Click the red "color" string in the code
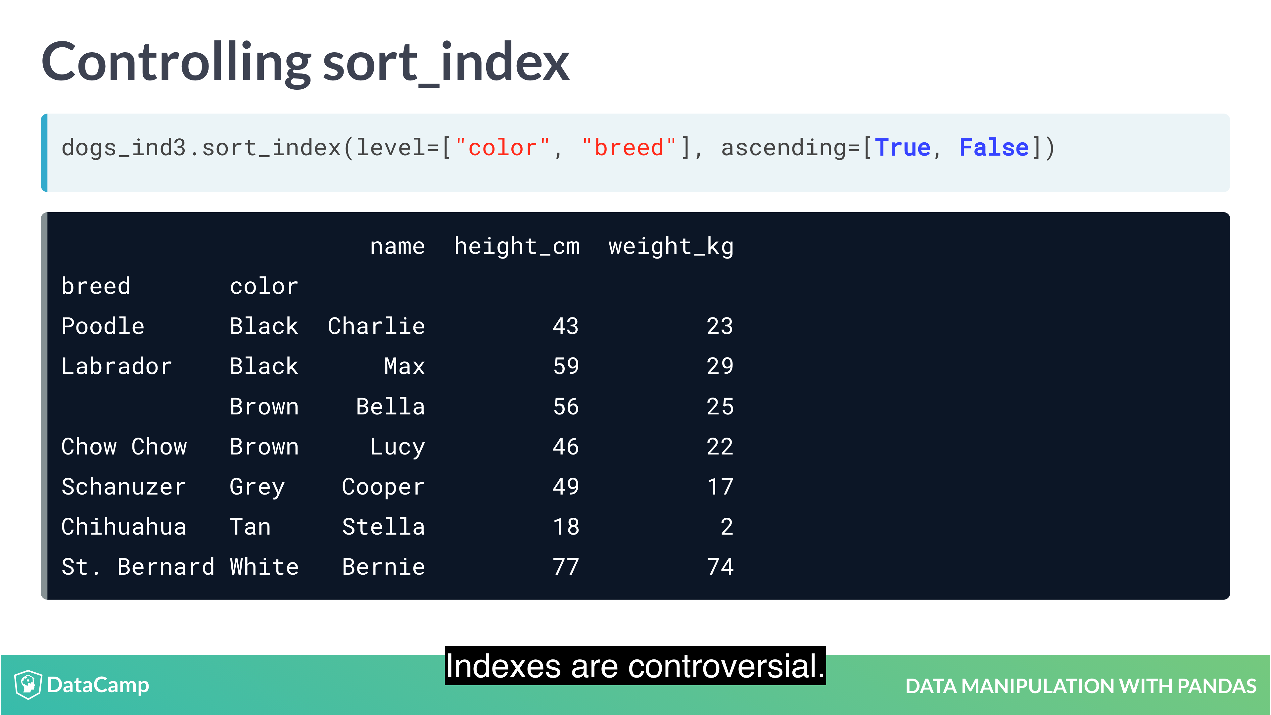tap(502, 148)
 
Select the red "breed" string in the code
tap(629, 148)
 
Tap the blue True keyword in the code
tap(902, 148)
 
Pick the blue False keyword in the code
tap(994, 148)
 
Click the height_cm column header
tap(517, 246)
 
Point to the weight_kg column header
tap(671, 246)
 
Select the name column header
tap(397, 246)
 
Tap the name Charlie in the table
tap(376, 326)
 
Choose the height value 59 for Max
tap(566, 366)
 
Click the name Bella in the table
tap(390, 406)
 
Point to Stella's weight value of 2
tap(727, 527)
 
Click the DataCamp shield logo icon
tap(28, 685)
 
